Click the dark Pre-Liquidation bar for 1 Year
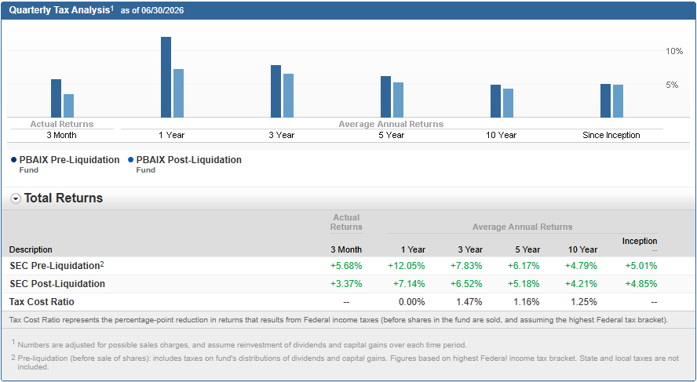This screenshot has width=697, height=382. [166, 78]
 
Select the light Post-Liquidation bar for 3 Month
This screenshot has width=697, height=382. [68, 106]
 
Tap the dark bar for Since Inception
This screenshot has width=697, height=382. [605, 101]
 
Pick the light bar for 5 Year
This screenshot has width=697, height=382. [398, 100]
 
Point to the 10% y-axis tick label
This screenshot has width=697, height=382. [674, 51]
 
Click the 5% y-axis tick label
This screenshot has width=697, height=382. [672, 85]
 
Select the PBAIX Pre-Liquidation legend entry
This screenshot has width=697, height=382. [65, 163]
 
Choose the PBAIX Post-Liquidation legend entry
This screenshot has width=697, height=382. [185, 163]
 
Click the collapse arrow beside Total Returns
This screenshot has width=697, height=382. [16, 199]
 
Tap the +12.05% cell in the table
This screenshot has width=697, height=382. [407, 266]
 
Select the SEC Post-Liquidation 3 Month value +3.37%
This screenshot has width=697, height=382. [346, 284]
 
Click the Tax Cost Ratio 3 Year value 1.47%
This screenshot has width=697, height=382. [469, 302]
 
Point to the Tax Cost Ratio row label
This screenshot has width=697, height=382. [42, 302]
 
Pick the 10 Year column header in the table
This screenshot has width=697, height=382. [582, 249]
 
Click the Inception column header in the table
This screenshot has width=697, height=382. [640, 241]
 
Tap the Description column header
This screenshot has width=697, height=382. [31, 249]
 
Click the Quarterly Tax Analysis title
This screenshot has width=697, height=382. [60, 10]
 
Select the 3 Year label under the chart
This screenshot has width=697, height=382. [281, 135]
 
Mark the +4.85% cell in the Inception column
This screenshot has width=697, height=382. [641, 284]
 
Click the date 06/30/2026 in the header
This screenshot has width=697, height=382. [162, 11]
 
